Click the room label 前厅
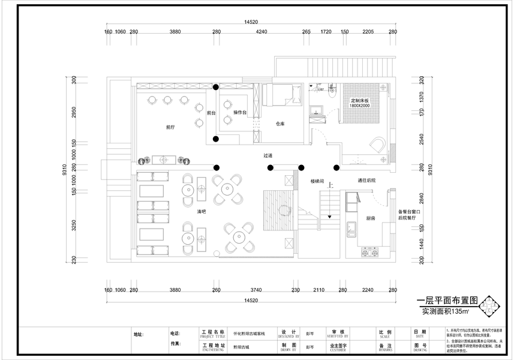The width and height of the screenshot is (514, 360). click(170, 127)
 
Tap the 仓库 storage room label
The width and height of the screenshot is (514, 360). click(279, 124)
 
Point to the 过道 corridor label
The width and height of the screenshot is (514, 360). click(267, 155)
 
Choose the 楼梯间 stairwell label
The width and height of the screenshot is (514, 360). click(317, 180)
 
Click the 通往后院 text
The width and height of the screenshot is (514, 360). click(366, 180)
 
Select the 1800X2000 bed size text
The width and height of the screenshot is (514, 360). click(359, 106)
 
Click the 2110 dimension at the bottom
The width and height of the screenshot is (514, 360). click(318, 290)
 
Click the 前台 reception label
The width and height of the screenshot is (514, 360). click(211, 112)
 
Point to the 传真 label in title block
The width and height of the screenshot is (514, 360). click(175, 344)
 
